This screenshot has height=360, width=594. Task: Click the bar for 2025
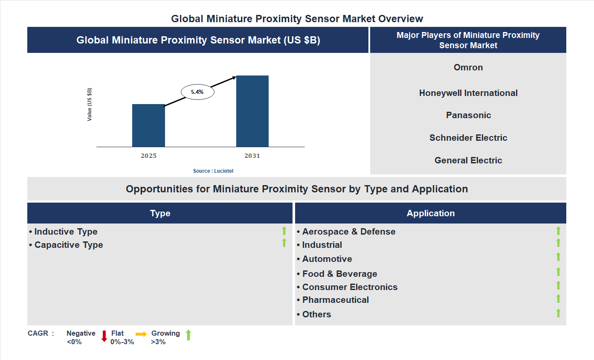tap(148, 125)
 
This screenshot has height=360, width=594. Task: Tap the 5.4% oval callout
tap(197, 92)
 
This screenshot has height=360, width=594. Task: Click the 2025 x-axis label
tap(148, 156)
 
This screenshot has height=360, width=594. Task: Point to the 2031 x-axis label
tap(252, 156)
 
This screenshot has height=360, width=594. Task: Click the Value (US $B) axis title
tap(90, 105)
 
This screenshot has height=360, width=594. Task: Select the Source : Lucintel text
tap(213, 171)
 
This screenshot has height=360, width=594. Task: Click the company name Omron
tap(468, 67)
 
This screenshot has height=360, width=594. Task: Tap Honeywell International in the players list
tap(468, 93)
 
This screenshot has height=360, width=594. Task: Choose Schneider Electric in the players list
tap(468, 138)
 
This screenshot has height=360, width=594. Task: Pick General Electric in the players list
tap(468, 160)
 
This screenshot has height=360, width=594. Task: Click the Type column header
tap(160, 213)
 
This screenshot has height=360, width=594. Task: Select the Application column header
tap(431, 213)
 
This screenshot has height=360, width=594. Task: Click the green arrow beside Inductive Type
tap(284, 231)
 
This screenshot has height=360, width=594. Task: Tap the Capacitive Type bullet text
tap(68, 245)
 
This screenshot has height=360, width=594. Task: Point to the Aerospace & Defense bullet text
tap(348, 232)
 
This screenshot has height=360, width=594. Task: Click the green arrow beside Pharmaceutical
tap(558, 299)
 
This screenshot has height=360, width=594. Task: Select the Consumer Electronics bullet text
tap(350, 287)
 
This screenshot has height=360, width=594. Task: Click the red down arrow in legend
tap(104, 336)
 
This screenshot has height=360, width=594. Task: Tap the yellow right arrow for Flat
tap(141, 334)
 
